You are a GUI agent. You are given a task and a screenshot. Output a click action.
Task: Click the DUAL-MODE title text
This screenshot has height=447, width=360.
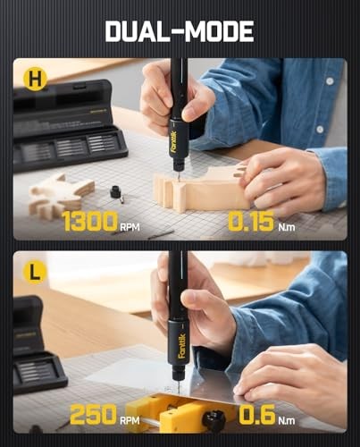[180, 30]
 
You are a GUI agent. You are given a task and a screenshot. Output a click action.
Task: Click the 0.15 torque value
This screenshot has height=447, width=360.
[251, 222]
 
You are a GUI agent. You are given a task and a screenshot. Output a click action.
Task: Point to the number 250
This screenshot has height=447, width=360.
[93, 414]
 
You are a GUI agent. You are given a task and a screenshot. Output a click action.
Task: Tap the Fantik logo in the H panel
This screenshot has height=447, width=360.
[173, 139]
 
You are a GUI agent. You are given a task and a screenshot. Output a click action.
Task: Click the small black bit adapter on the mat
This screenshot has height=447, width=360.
[115, 190]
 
